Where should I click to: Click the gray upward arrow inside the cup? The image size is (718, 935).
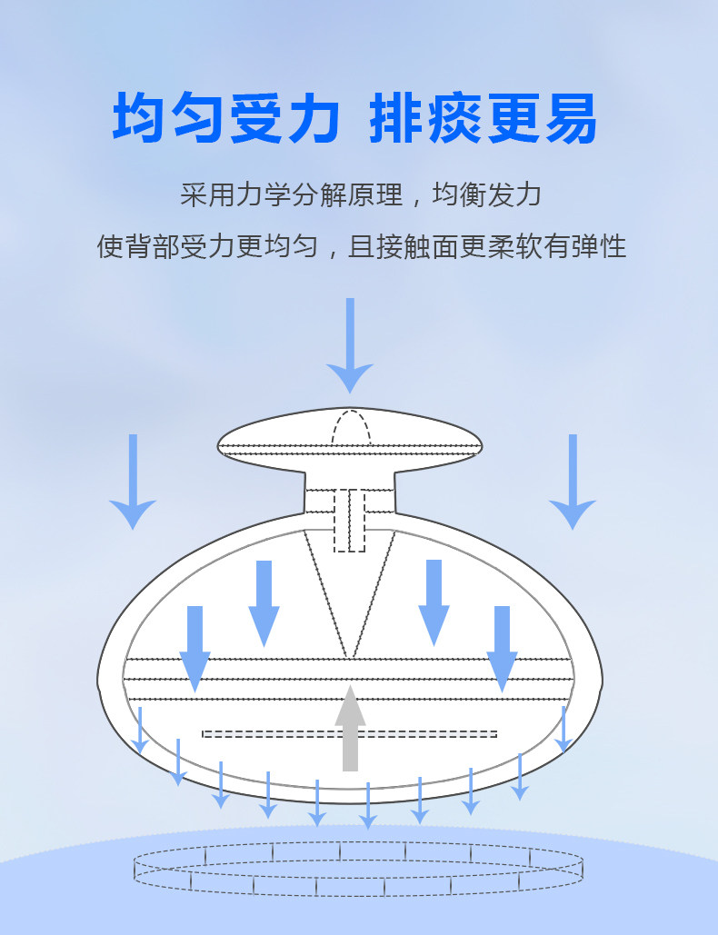[x=350, y=729]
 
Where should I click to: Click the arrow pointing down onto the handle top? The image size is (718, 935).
[x=350, y=346]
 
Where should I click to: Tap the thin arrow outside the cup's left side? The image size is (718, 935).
[x=133, y=482]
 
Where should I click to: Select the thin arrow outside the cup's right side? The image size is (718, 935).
[x=573, y=482]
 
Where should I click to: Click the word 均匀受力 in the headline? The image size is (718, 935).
[x=226, y=118]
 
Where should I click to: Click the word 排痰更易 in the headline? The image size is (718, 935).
[x=483, y=118]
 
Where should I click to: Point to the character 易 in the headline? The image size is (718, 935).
[x=571, y=118]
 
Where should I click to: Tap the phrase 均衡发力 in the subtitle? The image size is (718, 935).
[x=486, y=195]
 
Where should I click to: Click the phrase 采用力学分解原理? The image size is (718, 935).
[x=292, y=195]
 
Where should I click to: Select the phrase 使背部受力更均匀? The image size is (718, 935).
[x=207, y=246]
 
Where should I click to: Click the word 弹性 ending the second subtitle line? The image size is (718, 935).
[x=599, y=246]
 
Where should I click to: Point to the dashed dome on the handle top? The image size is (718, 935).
[x=351, y=426]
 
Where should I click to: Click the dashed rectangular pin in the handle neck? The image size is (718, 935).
[x=350, y=521]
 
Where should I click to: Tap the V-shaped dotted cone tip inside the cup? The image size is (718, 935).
[x=350, y=657]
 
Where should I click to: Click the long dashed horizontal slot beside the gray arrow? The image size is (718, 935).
[x=350, y=734]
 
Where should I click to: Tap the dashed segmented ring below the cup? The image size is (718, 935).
[x=358, y=869]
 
